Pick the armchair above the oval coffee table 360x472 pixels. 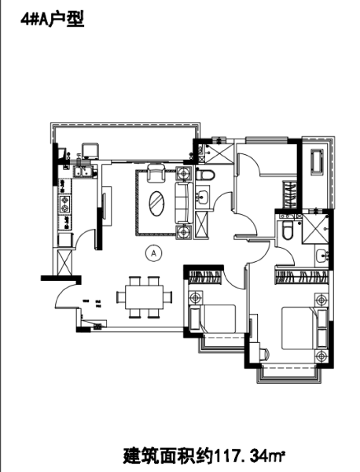(156, 172)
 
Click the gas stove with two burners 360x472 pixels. (62, 207)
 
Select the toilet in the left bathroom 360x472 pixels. (205, 175)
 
